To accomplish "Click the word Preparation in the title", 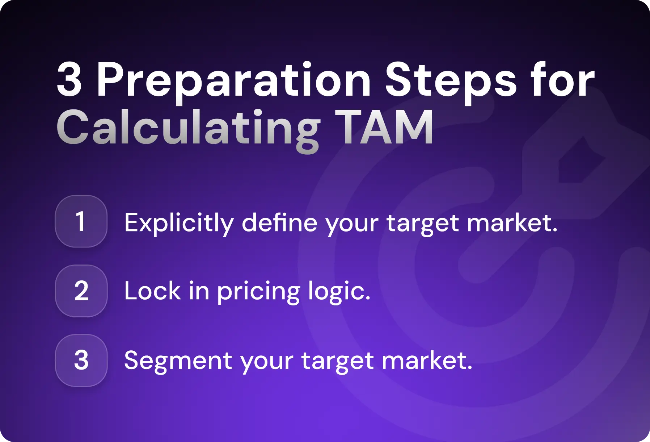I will (x=233, y=80).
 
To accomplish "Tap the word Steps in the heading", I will (x=451, y=80).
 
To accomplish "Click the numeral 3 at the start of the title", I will (x=69, y=80).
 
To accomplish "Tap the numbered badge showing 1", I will (x=81, y=221).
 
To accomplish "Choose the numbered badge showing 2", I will (x=81, y=291).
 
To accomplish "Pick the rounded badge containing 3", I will (x=81, y=360).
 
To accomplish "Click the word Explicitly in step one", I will (x=179, y=223).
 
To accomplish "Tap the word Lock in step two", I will (x=152, y=291).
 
